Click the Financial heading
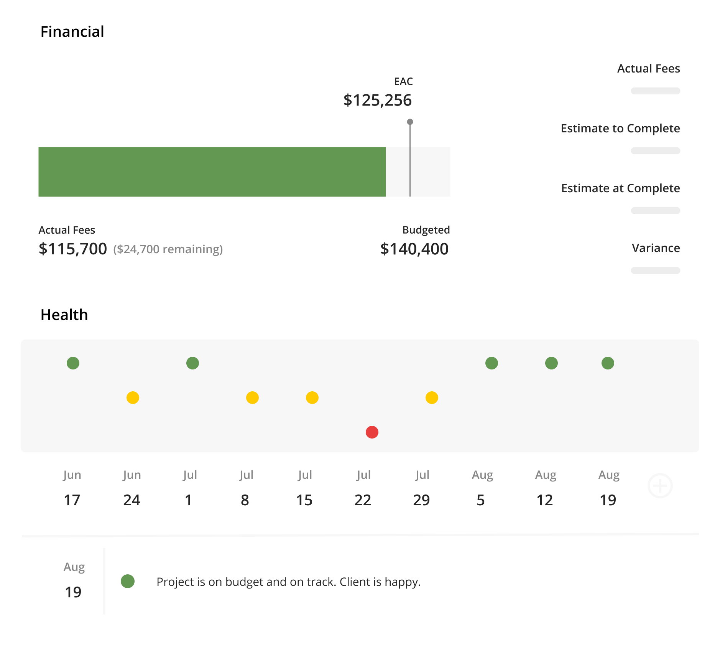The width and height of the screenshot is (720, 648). (72, 31)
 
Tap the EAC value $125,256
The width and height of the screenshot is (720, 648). (377, 100)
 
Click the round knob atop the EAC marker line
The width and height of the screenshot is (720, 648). (410, 122)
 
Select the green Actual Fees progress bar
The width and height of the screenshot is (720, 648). (212, 172)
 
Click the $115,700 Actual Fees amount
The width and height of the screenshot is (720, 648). (73, 249)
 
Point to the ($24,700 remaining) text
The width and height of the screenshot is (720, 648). (168, 249)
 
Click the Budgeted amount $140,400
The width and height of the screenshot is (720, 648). (414, 249)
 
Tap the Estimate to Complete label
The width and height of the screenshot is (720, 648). (620, 128)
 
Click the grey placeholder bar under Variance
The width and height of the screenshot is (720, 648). (655, 270)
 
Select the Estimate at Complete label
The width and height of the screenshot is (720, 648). (620, 188)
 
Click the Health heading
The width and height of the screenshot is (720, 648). (64, 315)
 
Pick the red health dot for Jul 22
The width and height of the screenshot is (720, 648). (372, 432)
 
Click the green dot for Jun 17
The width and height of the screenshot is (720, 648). (73, 363)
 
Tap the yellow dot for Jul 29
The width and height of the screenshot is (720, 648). (432, 397)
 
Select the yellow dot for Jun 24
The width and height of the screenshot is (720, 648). (133, 397)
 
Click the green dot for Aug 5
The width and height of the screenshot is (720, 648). (492, 363)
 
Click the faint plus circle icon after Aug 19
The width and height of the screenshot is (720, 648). (660, 486)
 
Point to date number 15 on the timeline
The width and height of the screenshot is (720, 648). (304, 500)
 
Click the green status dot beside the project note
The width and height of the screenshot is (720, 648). (128, 581)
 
